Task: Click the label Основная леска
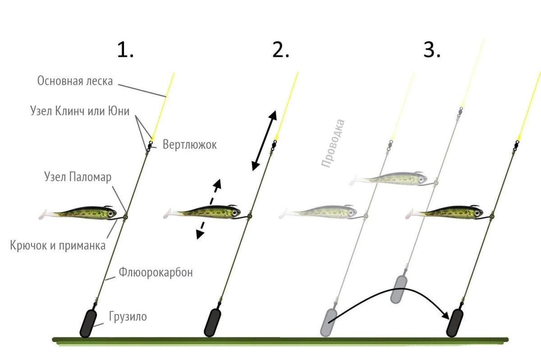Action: click(x=75, y=81)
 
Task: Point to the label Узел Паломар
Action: click(x=78, y=177)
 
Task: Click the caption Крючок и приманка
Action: click(x=58, y=245)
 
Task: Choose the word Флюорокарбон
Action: click(x=156, y=272)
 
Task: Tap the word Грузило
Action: click(x=128, y=316)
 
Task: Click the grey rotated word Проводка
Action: click(x=333, y=143)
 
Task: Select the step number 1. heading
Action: click(x=125, y=50)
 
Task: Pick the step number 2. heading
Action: click(x=280, y=50)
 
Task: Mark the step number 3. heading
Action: click(x=431, y=50)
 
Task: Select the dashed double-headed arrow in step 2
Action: click(x=209, y=208)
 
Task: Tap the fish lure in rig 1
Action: click(x=81, y=213)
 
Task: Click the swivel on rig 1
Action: click(x=149, y=145)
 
